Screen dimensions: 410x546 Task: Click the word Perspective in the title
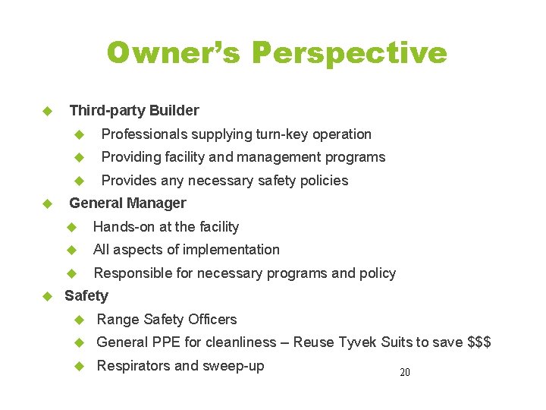(349, 53)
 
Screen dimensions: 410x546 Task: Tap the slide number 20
(404, 373)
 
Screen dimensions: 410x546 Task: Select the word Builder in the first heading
(174, 111)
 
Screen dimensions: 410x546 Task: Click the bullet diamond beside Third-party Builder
(47, 111)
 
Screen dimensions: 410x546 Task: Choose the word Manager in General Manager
(157, 203)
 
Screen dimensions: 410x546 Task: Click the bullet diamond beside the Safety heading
(47, 296)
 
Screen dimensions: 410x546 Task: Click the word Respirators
(133, 366)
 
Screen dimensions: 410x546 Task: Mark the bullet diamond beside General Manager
(47, 203)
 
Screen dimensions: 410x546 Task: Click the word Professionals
(145, 134)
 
